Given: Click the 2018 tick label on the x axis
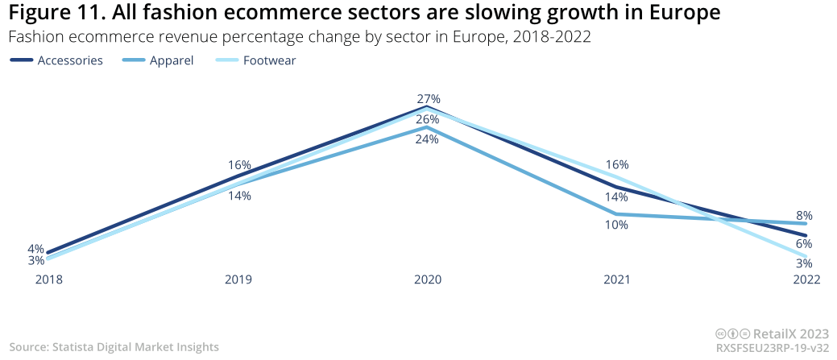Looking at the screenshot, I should click(x=48, y=280).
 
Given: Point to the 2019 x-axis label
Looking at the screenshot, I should click(x=238, y=280).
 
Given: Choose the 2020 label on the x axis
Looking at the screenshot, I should click(x=427, y=280).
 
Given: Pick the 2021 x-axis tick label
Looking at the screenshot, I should click(x=616, y=280).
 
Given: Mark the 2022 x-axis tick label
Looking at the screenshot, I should click(x=806, y=280).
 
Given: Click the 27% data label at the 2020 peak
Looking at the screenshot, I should click(x=428, y=99).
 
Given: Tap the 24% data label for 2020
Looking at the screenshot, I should click(x=427, y=139).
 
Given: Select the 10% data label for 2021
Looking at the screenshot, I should click(x=616, y=226).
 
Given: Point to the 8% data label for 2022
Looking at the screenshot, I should click(x=804, y=215).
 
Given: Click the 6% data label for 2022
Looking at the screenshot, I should click(x=804, y=243).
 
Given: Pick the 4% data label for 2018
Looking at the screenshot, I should click(x=35, y=249).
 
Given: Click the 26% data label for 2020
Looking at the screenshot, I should click(x=427, y=119).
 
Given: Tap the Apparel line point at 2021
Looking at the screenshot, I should click(x=616, y=214).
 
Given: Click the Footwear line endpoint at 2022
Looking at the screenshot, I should click(x=806, y=257).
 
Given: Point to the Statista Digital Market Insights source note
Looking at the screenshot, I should click(x=114, y=347).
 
